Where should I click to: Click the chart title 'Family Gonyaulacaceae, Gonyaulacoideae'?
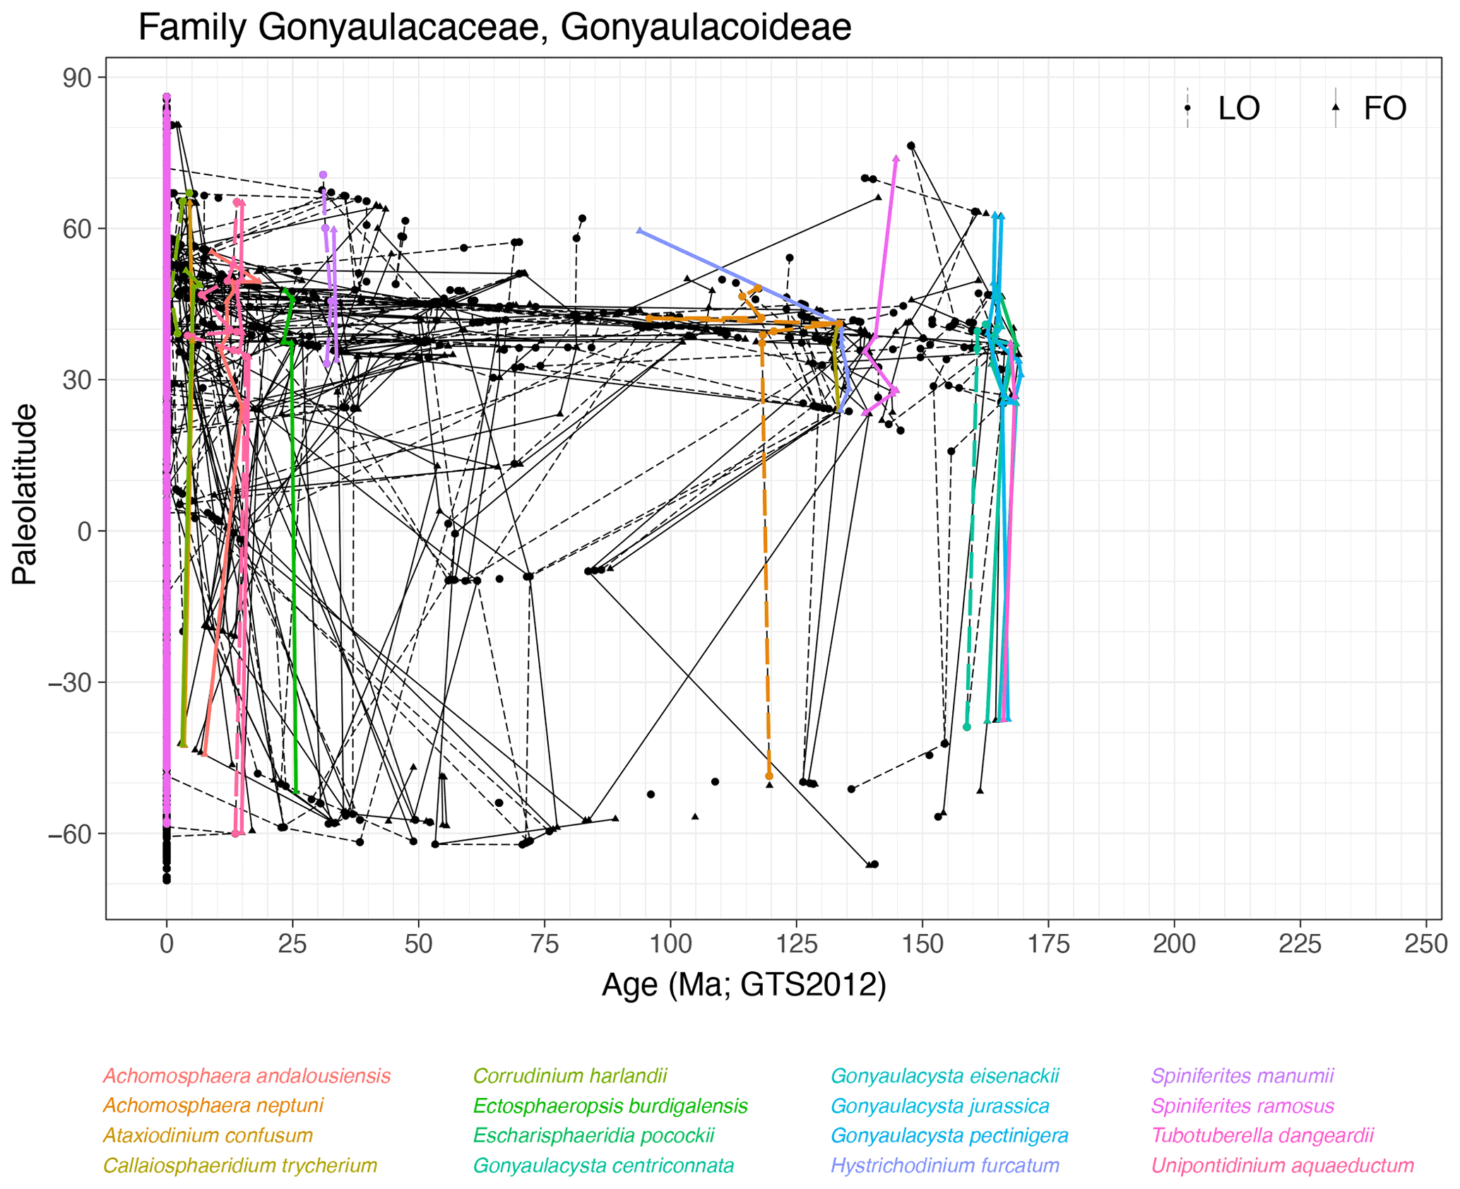494,28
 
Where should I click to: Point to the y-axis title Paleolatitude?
25,494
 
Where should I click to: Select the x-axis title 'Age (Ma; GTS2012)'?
743,984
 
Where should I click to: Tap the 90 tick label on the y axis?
77,78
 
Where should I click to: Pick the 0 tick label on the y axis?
85,531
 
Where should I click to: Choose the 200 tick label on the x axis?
1174,945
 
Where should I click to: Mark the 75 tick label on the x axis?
544,945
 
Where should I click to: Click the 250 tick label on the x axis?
1425,945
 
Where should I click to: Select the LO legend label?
1239,109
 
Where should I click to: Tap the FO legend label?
1384,109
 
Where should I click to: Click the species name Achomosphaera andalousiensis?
247,1076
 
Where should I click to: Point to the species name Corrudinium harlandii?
569,1076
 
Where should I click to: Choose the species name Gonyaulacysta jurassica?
939,1106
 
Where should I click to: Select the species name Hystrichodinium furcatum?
945,1165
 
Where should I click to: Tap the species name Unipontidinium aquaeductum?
1283,1165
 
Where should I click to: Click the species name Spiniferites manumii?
1242,1076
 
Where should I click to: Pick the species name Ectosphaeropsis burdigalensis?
610,1106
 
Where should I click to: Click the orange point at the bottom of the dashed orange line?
769,776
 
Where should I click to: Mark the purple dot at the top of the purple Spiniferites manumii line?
323,174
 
